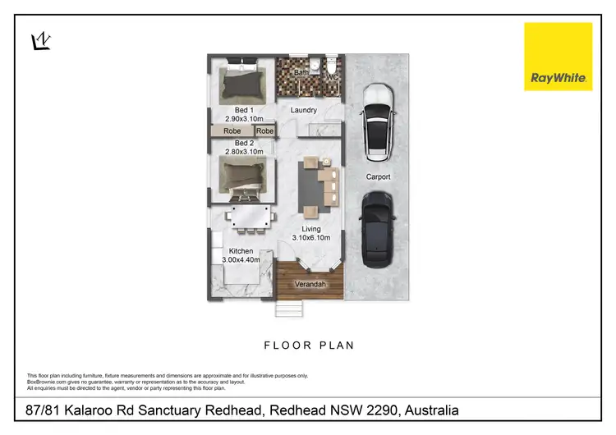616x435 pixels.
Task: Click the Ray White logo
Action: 558,56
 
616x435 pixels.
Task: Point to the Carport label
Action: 378,176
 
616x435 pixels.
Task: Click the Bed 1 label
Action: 244,109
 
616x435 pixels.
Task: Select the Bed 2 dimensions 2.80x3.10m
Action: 244,152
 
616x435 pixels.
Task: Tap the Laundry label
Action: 303,110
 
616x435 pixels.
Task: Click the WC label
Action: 333,77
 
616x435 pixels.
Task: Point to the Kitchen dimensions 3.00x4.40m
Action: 241,260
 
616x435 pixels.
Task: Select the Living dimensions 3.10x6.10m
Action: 311,238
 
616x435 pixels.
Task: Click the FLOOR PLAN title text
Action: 308,346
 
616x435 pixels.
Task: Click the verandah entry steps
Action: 289,309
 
